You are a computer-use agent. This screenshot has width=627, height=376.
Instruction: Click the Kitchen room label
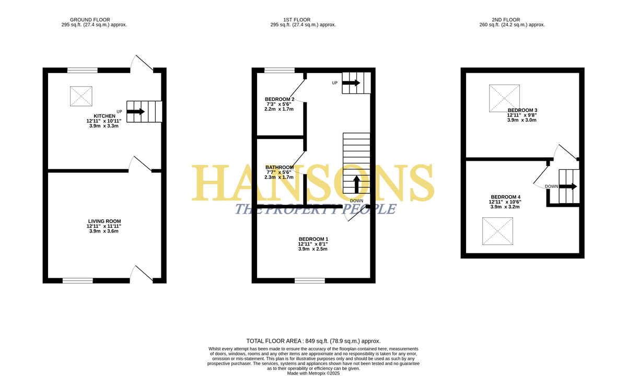[104, 116]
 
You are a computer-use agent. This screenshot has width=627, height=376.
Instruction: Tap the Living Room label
[104, 221]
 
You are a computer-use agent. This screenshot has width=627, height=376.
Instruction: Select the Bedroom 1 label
[313, 239]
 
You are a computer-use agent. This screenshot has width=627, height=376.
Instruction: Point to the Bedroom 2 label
[280, 99]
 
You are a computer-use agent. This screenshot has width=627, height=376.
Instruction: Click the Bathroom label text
[280, 167]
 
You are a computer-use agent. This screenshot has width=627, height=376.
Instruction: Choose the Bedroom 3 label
[522, 110]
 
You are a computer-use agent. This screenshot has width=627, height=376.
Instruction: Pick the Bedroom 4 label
[506, 197]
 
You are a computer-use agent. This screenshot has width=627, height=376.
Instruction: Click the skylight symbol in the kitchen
[81, 96]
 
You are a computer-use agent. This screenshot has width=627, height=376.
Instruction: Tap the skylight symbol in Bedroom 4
[497, 231]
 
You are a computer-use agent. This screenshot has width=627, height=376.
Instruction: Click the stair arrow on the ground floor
[135, 112]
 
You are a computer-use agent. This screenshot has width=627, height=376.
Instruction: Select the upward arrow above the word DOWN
[356, 184]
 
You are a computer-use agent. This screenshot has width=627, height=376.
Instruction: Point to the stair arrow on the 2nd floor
[568, 186]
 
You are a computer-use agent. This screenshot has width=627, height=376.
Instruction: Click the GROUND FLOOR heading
[90, 20]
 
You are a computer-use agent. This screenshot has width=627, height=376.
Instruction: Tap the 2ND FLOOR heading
[506, 20]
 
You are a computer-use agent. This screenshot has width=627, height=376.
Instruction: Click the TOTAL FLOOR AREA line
[313, 341]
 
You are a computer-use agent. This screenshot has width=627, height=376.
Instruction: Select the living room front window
[77, 280]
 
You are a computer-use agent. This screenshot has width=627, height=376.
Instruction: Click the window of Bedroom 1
[309, 280]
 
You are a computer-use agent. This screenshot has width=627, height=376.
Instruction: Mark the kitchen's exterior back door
[142, 63]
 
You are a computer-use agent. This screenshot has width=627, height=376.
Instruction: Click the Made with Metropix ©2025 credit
[313, 373]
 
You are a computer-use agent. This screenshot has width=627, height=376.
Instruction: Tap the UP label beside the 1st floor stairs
[335, 83]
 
